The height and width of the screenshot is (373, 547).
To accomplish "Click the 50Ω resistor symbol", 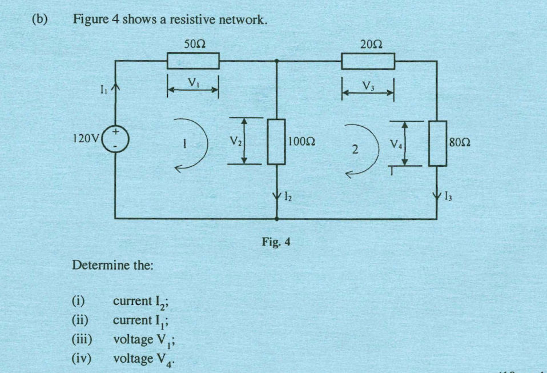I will coord(192,61).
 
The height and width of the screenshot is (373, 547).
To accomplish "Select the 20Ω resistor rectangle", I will coord(368,61).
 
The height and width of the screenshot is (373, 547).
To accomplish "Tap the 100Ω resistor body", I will coord(276,141).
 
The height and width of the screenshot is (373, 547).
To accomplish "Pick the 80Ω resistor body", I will coord(437,143).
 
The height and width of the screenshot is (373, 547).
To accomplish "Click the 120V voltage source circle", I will coord(116,139).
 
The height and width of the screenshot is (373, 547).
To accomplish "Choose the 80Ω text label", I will coord(460,141).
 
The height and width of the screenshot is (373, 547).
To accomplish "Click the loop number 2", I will coord(355,150).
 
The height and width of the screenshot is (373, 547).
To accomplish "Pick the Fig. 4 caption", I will coord(273,239).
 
